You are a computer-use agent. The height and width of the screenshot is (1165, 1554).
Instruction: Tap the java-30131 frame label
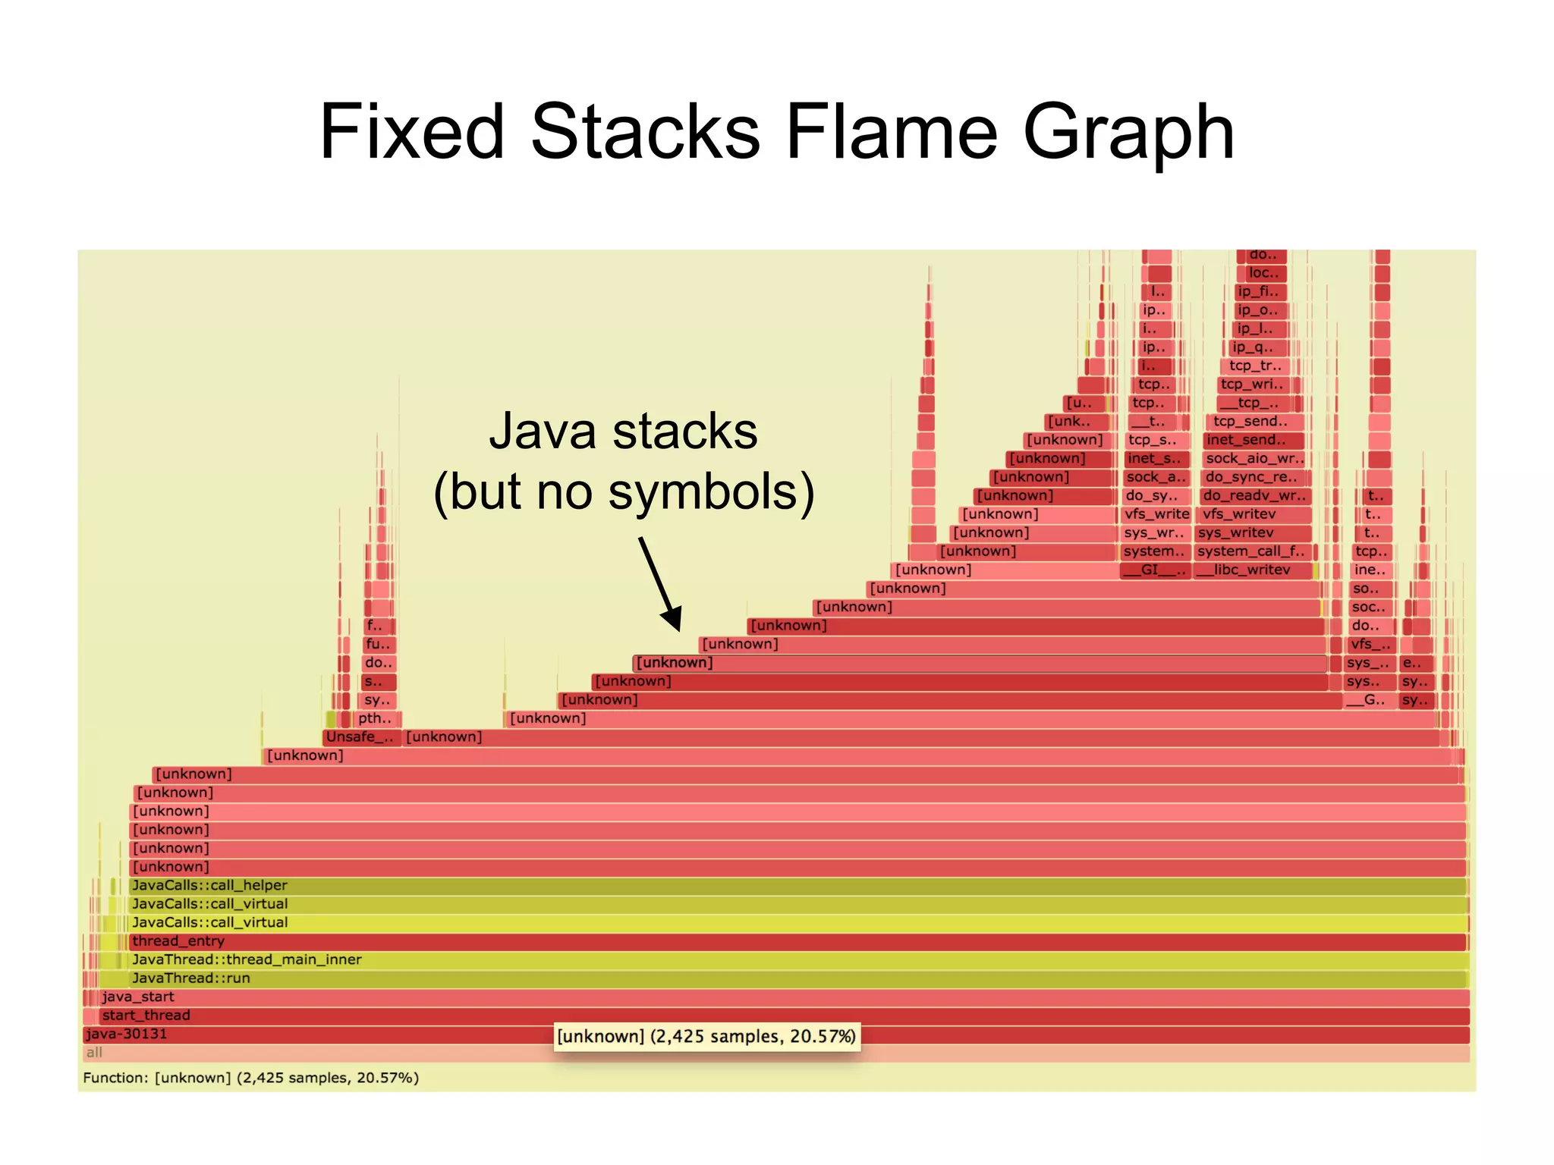point(126,1034)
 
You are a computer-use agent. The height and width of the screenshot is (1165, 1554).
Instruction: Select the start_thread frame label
point(146,1016)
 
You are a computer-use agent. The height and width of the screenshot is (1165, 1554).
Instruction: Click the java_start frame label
point(138,997)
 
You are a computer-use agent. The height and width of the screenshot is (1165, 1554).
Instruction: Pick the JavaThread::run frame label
point(191,978)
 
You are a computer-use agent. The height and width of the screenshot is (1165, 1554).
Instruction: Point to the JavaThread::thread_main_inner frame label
point(247,959)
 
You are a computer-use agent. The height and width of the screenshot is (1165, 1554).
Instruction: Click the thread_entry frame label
point(178,941)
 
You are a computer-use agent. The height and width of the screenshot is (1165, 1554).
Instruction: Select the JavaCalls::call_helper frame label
point(209,885)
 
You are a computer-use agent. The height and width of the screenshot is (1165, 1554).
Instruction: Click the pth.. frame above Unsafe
point(376,718)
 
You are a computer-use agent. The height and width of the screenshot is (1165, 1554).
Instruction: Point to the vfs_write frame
point(1156,514)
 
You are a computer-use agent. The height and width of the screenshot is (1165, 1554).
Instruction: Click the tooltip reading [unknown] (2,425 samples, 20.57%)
point(706,1037)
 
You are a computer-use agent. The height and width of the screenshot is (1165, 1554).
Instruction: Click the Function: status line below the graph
point(250,1078)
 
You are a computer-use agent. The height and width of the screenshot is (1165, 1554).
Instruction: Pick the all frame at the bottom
point(94,1053)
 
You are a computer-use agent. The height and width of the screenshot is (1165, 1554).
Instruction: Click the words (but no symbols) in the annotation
point(624,491)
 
